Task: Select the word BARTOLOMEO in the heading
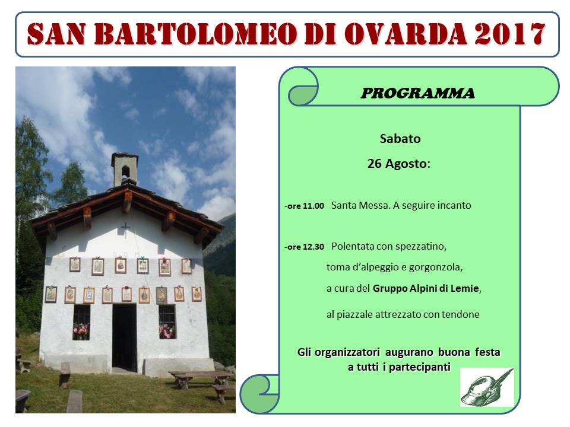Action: click(x=196, y=34)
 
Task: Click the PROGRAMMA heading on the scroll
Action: click(x=417, y=93)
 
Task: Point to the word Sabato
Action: click(x=400, y=139)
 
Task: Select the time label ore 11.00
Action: click(x=305, y=206)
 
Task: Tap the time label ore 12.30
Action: click(x=305, y=247)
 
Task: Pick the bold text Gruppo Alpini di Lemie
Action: click(x=426, y=288)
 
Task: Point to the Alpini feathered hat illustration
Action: click(x=487, y=387)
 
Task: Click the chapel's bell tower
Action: click(x=125, y=169)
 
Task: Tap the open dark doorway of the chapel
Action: click(x=124, y=337)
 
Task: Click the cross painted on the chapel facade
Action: click(x=125, y=229)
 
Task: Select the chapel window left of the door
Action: click(x=81, y=322)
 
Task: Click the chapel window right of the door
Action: click(x=167, y=321)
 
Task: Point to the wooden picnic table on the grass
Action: click(x=200, y=378)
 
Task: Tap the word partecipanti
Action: click(x=420, y=368)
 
